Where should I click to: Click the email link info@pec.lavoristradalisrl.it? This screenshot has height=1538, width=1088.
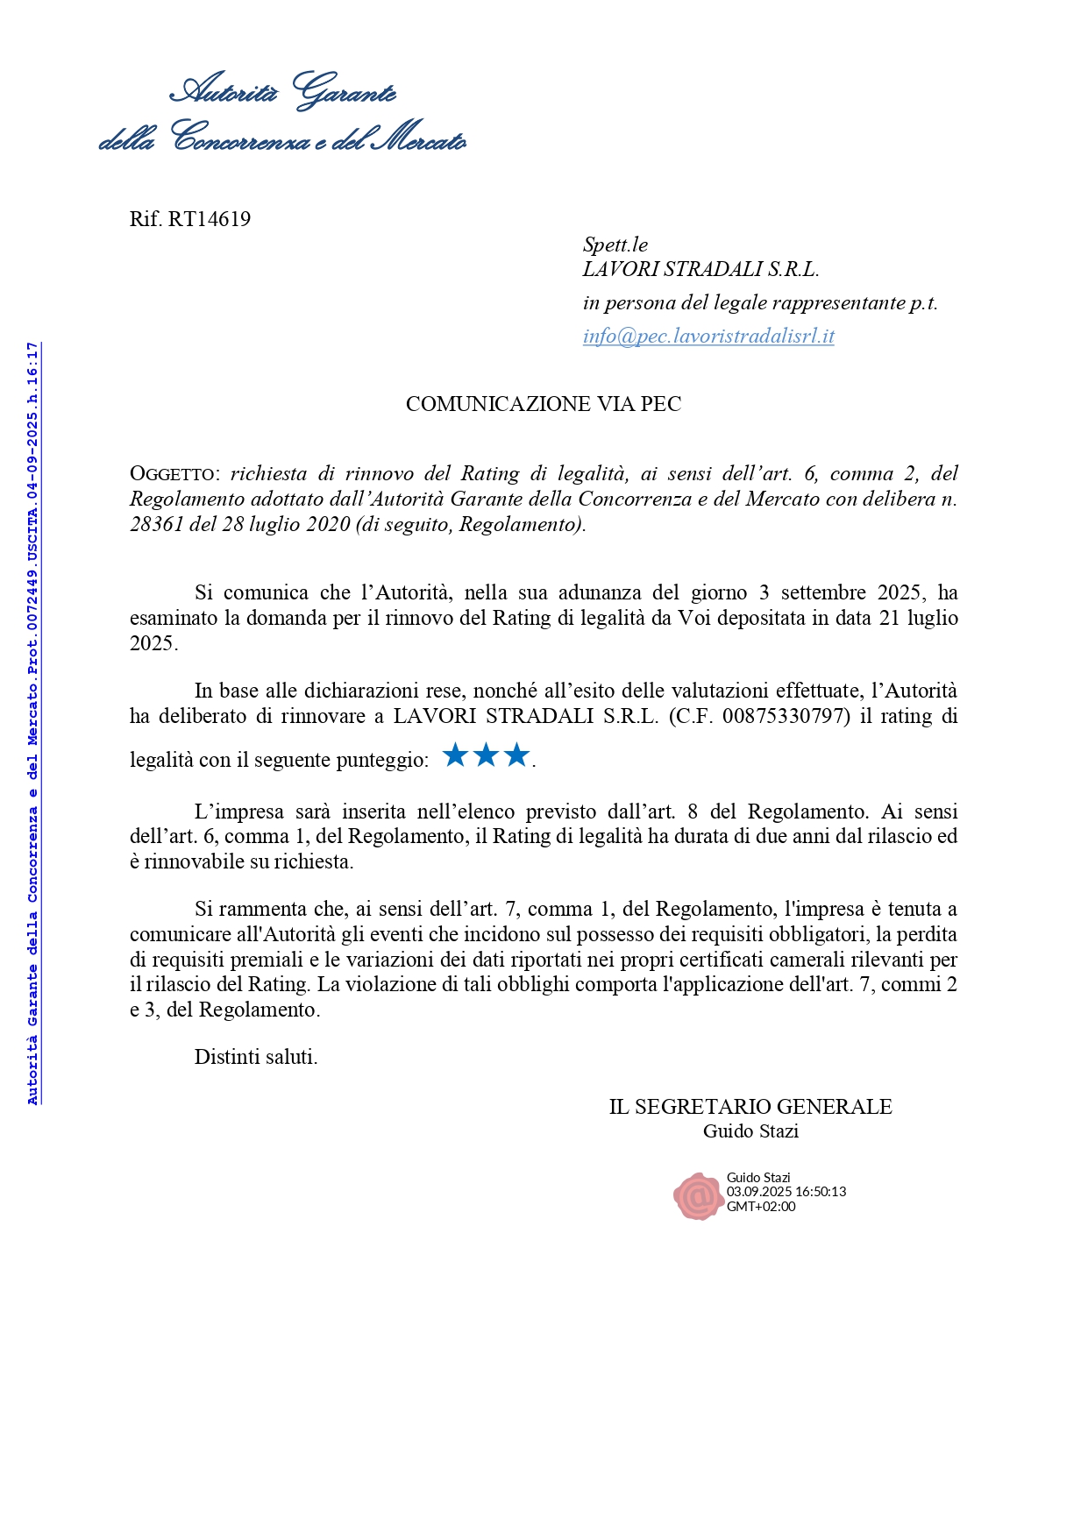click(x=708, y=337)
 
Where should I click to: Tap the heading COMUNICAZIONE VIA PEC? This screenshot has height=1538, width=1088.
click(x=544, y=404)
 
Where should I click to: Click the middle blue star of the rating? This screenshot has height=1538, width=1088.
click(x=486, y=755)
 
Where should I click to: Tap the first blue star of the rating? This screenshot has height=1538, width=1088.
click(x=455, y=755)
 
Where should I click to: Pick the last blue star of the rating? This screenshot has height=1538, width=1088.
click(x=516, y=755)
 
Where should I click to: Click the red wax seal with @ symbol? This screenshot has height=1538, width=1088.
click(x=698, y=1195)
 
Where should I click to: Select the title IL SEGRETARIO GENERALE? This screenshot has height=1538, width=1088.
click(x=750, y=1107)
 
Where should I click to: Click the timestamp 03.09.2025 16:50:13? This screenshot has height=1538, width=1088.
click(x=786, y=1192)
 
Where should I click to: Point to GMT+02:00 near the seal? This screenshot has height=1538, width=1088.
click(x=761, y=1207)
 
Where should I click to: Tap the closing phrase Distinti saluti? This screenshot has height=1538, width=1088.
click(x=256, y=1057)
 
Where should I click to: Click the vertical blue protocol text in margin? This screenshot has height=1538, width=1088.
click(x=32, y=723)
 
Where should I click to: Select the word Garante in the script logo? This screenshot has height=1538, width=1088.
click(x=344, y=91)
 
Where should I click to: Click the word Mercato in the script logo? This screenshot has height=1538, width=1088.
click(x=419, y=138)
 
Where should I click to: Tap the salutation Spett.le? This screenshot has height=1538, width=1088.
click(x=615, y=245)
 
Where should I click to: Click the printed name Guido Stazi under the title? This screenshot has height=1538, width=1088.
click(x=750, y=1131)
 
